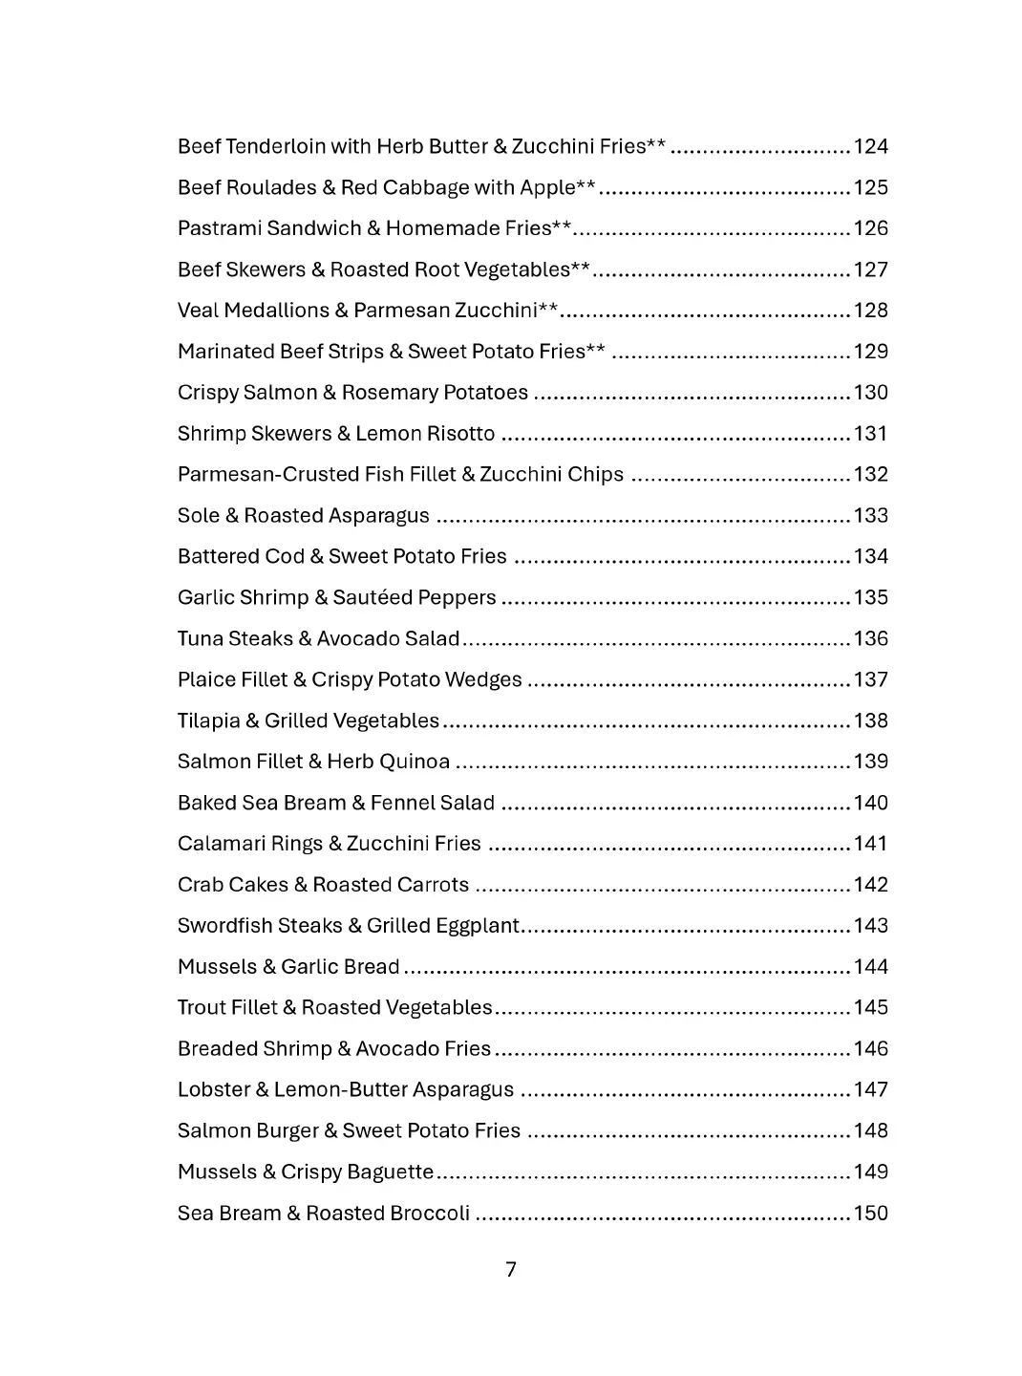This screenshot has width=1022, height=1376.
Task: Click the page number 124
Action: point(870,146)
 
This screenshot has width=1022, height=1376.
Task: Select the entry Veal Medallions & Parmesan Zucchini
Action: point(368,311)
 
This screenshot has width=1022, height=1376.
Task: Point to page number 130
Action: point(870,393)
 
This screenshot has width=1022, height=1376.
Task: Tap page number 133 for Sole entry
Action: point(870,516)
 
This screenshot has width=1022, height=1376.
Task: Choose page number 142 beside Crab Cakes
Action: point(870,885)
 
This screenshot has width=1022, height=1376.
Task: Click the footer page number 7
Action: point(511,1270)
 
